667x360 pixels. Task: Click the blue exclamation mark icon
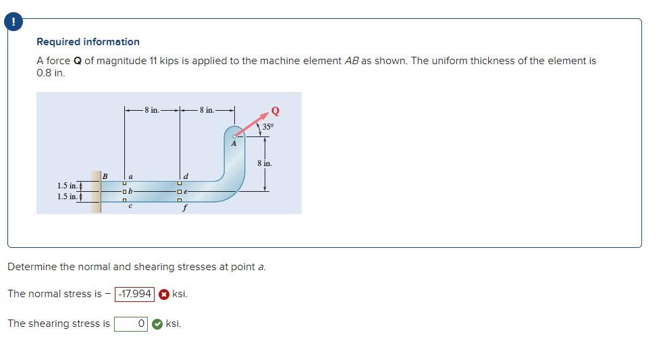[x=12, y=22]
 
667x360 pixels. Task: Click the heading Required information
[x=88, y=42]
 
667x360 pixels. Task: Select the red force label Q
[x=275, y=111]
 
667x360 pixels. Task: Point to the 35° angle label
[x=268, y=126]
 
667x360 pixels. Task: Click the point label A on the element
[x=234, y=143]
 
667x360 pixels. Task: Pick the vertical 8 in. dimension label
[x=265, y=163]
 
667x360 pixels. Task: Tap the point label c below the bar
[x=130, y=207]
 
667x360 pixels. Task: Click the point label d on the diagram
[x=186, y=177]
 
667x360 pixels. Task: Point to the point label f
[x=185, y=207]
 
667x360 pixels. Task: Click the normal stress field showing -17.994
[x=135, y=294]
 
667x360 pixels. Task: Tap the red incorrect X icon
[x=164, y=294]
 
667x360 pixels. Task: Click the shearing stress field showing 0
[x=131, y=324]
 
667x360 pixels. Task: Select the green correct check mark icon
[x=157, y=324]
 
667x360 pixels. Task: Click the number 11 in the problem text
[x=153, y=61]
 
